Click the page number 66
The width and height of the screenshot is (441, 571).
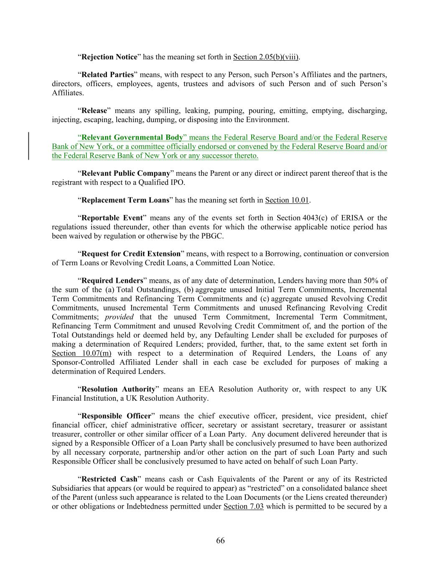tap(220, 540)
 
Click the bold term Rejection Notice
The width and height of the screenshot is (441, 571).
tap(109, 57)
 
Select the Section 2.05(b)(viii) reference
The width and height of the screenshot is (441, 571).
tap(266, 57)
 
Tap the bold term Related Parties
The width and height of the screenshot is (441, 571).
tap(107, 75)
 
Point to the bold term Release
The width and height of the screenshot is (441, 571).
tap(94, 111)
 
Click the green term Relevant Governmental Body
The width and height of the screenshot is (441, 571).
tap(132, 138)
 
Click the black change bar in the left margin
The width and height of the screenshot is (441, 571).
tap(28, 146)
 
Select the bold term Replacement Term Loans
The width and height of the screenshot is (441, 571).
tap(125, 200)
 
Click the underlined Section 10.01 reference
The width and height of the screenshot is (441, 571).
tap(287, 200)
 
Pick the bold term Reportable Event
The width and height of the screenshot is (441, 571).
tap(112, 218)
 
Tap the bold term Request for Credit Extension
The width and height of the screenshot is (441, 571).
tap(131, 254)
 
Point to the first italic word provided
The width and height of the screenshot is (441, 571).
tap(119, 317)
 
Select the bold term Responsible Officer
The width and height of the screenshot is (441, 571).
tap(116, 416)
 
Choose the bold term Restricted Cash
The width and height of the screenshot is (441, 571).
tap(109, 479)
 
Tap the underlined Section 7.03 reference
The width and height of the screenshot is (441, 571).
tap(243, 507)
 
